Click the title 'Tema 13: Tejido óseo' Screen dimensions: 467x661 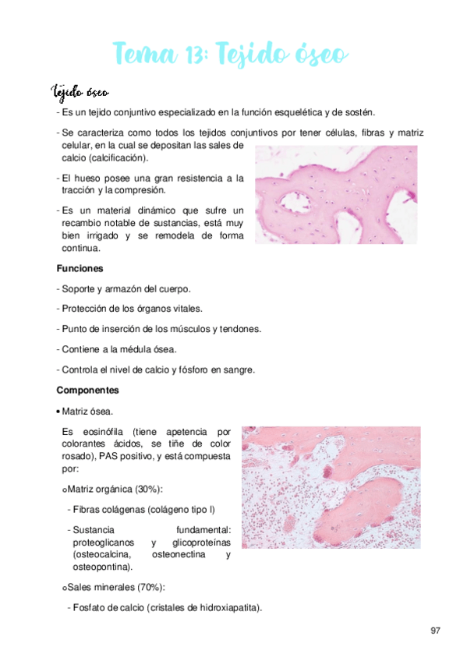231,55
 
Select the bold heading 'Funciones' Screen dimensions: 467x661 80,268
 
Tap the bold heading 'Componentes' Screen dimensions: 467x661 87,389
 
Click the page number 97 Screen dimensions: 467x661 435,629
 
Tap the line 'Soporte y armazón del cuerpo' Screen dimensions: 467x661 128,288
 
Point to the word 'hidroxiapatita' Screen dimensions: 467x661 225,607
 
